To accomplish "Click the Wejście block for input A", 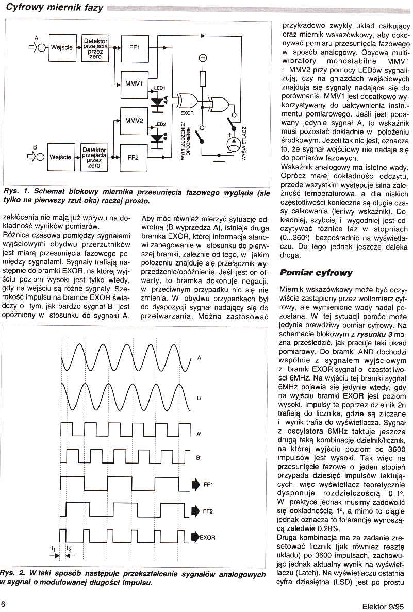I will click(61, 47).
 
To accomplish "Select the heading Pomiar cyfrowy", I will click(316, 272).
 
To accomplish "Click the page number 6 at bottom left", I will click(4, 604).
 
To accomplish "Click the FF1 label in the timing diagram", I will click(208, 485).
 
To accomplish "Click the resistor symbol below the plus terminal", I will click(203, 79).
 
